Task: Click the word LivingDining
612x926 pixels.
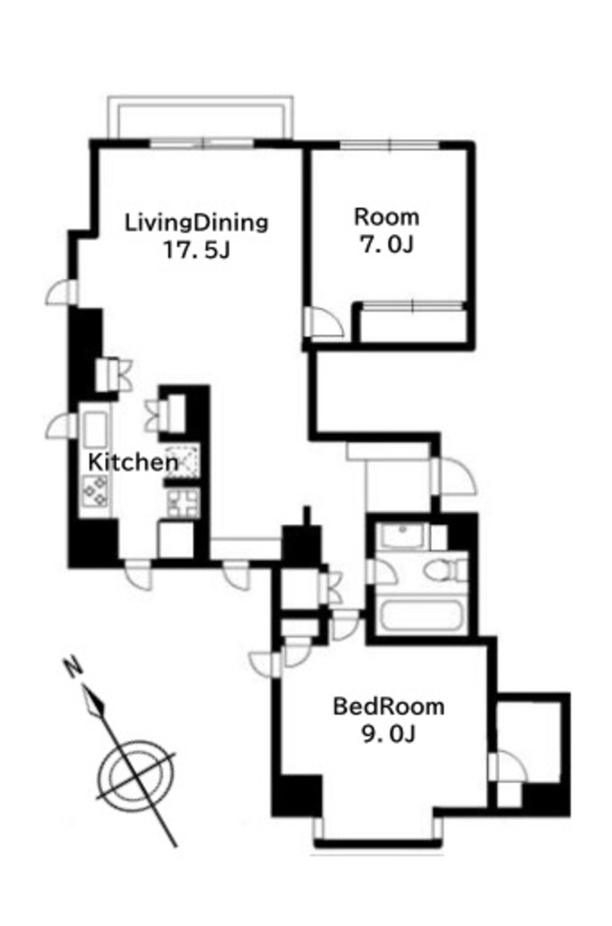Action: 196,222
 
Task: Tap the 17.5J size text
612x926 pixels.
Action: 196,251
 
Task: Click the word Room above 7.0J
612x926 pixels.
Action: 387,217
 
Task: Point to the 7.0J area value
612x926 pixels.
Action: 387,244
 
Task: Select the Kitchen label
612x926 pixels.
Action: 132,462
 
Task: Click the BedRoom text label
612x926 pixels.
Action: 389,706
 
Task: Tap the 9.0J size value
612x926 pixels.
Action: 389,734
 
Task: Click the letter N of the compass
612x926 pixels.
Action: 72,666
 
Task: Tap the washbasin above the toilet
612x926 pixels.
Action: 402,536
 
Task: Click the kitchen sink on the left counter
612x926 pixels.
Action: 94,430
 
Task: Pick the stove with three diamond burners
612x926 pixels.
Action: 95,490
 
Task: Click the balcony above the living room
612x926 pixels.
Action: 200,118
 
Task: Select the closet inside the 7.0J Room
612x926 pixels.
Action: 412,323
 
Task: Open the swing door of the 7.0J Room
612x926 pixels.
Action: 324,323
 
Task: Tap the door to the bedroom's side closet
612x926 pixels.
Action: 507,768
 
